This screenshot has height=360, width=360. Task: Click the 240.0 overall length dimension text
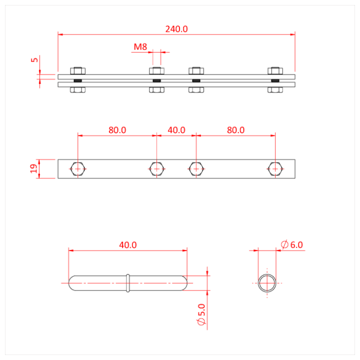(176, 29)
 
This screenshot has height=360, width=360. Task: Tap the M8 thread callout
(140, 47)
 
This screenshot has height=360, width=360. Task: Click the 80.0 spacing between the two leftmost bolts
(117, 129)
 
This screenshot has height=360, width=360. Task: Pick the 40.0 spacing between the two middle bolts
(176, 129)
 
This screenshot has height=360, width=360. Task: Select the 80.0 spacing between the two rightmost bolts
(235, 129)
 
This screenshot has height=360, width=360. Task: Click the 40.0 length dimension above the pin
(128, 245)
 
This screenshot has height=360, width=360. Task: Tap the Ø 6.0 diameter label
(292, 245)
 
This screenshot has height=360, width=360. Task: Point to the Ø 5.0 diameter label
(201, 315)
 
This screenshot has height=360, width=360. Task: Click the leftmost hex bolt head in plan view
(77, 169)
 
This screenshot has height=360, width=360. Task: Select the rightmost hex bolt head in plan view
(274, 169)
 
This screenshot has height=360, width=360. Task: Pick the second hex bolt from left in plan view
(156, 169)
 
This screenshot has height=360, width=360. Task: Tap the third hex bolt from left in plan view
(196, 169)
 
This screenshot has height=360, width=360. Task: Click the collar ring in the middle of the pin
(128, 283)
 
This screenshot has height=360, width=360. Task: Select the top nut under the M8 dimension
(156, 71)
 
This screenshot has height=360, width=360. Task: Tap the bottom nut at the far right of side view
(274, 90)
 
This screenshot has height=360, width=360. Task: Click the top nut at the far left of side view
(77, 71)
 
